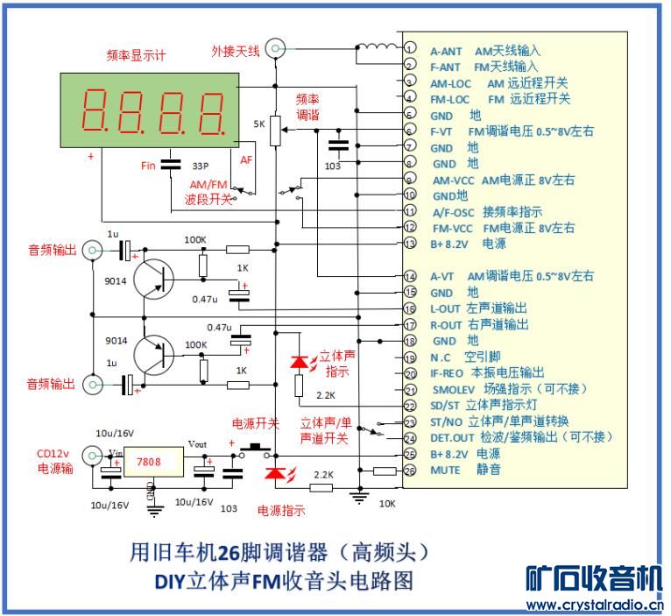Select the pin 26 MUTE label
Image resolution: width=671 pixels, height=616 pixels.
pos(445,471)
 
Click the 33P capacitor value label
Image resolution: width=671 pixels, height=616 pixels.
pos(200,166)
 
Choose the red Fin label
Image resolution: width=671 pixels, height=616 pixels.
pos(148,166)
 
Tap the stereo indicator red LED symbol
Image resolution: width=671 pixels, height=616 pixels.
pos(299,361)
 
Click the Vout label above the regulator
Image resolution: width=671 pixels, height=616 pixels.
pos(199,443)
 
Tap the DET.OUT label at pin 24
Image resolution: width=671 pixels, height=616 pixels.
pos(453,437)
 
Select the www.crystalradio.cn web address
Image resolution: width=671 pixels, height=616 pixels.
pos(595,605)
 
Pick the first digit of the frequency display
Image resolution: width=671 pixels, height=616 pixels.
pos(95,110)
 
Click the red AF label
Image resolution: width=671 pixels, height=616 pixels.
pos(246,160)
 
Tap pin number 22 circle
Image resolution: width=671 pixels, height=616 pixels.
pos(409,405)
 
